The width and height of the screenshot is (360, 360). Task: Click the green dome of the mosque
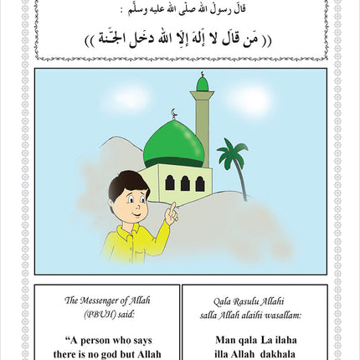pyautogui.click(x=173, y=144)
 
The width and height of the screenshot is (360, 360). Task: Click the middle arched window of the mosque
pyautogui.click(x=184, y=183)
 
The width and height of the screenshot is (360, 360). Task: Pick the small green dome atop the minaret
pyautogui.click(x=202, y=84)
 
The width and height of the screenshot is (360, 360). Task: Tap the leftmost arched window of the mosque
pyautogui.click(x=169, y=183)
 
